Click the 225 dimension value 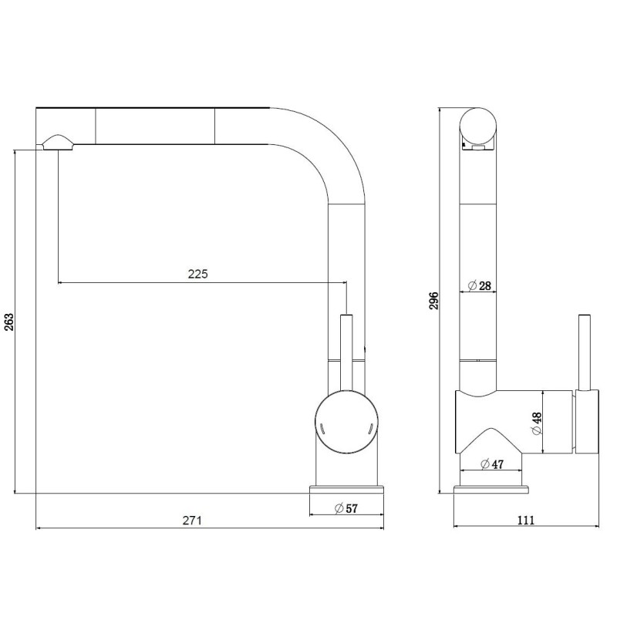click(x=199, y=274)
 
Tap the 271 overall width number click(x=193, y=521)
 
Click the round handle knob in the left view click(x=346, y=424)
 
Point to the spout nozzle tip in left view click(x=58, y=142)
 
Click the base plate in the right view click(x=491, y=489)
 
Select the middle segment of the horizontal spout click(x=154, y=125)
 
